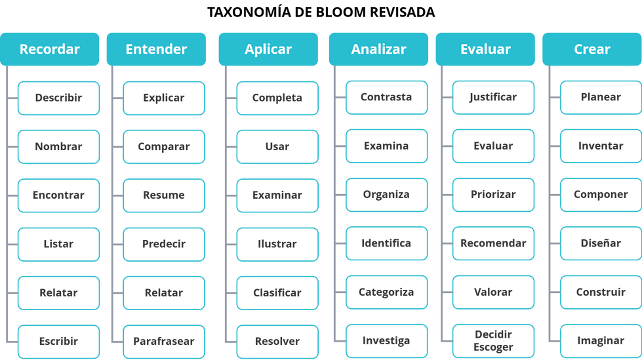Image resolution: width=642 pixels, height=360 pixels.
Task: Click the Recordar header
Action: (x=50, y=49)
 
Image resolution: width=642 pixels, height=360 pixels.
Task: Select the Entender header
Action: (x=156, y=49)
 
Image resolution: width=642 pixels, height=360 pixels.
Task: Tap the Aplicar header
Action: (x=268, y=49)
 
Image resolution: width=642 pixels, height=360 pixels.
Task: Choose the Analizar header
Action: (x=378, y=49)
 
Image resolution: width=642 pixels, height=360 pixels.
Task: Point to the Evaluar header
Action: (x=485, y=49)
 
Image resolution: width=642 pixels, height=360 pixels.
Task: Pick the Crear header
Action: (x=592, y=49)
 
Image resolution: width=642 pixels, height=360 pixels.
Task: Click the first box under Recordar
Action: (x=59, y=98)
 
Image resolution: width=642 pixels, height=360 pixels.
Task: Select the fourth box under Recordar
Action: (x=59, y=244)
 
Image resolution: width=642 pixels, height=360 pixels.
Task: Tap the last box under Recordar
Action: (x=59, y=342)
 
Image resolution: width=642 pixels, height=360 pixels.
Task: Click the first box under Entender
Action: (x=164, y=98)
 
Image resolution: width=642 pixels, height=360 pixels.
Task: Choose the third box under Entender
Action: (x=164, y=195)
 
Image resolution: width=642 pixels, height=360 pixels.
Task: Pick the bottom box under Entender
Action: (x=164, y=342)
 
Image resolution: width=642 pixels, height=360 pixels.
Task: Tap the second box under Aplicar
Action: (x=277, y=147)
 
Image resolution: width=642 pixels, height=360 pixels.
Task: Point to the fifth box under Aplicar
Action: (x=277, y=293)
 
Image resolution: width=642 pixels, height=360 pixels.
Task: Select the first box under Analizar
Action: (x=386, y=98)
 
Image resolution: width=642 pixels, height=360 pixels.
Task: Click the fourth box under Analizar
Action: (x=386, y=243)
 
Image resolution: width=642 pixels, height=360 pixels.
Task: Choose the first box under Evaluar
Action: (x=493, y=98)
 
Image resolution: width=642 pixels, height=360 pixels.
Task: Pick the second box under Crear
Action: (x=600, y=146)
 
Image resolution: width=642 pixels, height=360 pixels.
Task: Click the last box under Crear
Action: (x=600, y=341)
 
